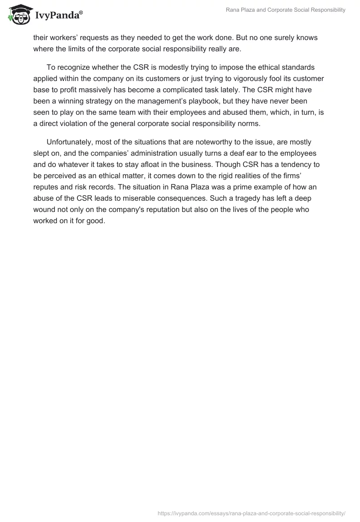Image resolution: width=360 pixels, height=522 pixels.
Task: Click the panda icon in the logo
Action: click(x=18, y=14)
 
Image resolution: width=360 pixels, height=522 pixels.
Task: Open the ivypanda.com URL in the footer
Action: click(x=252, y=513)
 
